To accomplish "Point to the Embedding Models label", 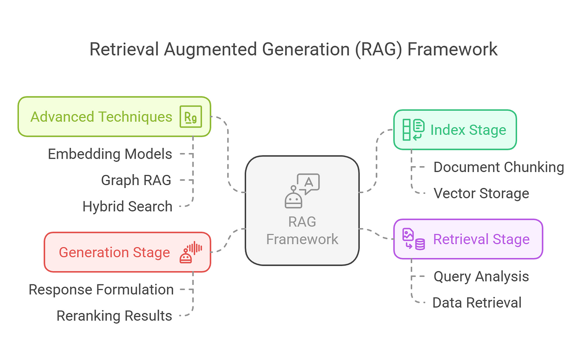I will [x=110, y=154].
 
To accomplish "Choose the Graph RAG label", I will [x=136, y=180].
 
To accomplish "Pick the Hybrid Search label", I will [x=127, y=206].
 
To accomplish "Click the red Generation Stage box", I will [x=114, y=252].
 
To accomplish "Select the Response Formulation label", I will [x=101, y=290].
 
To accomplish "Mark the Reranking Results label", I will [x=114, y=316].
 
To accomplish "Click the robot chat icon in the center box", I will [x=302, y=191].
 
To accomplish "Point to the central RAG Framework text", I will [x=302, y=230].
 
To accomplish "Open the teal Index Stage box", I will [x=468, y=130].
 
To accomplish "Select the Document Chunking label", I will [x=499, y=167].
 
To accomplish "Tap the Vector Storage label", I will [x=481, y=193].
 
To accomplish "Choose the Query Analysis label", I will [x=481, y=277].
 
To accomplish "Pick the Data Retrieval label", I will [x=477, y=303].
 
